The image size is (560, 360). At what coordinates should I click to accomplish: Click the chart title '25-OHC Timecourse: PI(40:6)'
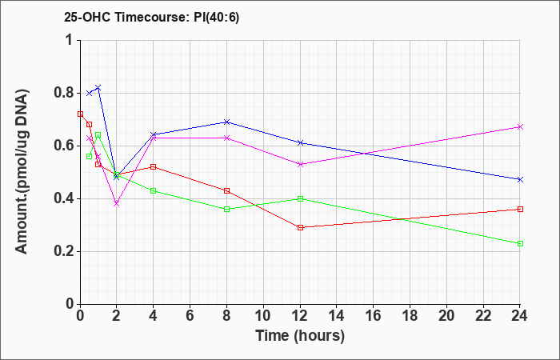[151, 17]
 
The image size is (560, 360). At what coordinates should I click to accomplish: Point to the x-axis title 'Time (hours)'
[300, 336]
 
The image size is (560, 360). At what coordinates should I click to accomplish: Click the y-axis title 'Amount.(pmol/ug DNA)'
[22, 172]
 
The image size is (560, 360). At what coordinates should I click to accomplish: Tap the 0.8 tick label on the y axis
[65, 94]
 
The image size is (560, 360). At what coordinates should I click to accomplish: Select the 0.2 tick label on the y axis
[65, 251]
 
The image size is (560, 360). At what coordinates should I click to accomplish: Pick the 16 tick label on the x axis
[374, 316]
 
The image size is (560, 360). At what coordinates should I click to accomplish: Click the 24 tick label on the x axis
[520, 316]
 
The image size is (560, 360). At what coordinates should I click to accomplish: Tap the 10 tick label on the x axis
[263, 316]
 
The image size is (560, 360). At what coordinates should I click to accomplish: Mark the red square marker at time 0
[80, 114]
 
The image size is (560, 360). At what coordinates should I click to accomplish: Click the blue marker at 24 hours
[520, 180]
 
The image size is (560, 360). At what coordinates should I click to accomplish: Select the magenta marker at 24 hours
[520, 126]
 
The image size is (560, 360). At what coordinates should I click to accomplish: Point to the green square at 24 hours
[520, 243]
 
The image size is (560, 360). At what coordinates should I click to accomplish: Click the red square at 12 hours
[300, 227]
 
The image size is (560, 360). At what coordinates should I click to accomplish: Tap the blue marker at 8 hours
[226, 122]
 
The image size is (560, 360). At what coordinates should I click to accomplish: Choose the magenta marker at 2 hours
[117, 203]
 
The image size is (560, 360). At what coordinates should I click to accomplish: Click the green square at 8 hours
[226, 209]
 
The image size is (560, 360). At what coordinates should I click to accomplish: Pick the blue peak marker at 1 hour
[98, 87]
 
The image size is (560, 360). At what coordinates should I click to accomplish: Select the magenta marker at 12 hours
[300, 164]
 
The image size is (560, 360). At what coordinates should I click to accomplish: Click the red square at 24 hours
[520, 209]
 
